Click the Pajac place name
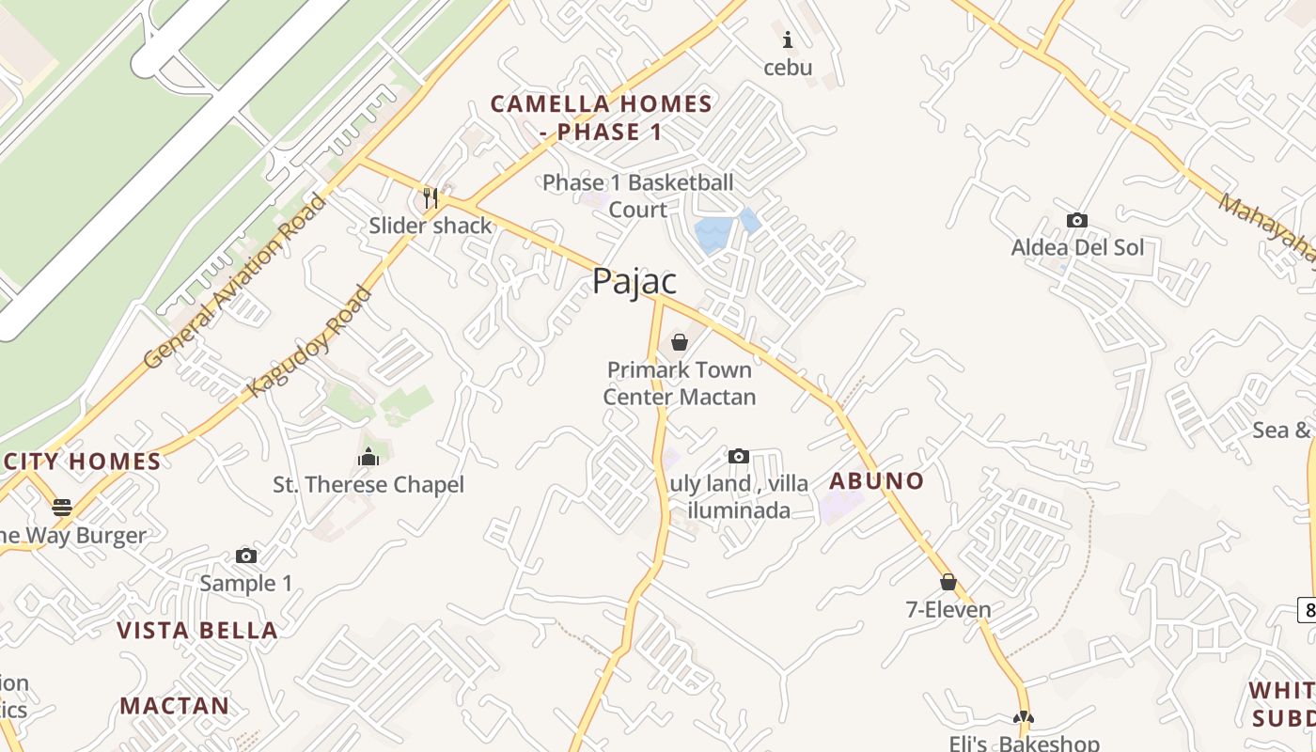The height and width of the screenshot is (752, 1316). (634, 281)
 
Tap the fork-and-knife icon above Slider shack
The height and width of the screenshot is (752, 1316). (431, 197)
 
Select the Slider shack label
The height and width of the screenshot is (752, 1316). (431, 226)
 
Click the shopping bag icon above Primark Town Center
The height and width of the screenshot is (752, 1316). (679, 341)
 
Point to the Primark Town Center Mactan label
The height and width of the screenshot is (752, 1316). (679, 384)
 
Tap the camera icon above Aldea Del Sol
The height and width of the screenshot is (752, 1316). (1077, 221)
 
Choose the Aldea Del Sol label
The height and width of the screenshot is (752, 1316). (1077, 248)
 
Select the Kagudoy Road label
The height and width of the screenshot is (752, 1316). (309, 342)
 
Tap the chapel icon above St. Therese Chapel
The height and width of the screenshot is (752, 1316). (368, 457)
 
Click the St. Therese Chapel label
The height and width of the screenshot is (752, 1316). (368, 485)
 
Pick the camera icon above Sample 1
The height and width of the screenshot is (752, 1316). (246, 556)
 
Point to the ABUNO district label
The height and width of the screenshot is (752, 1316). (876, 481)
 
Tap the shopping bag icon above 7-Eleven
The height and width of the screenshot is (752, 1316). (948, 582)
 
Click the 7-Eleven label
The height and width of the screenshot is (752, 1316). (948, 610)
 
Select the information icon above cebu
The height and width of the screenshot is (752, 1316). (788, 39)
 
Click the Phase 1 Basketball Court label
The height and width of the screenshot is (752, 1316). (637, 196)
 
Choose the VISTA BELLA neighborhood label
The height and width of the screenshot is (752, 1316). (197, 630)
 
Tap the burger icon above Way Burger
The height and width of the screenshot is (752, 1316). (62, 508)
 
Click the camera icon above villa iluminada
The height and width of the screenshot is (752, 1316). (739, 457)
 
